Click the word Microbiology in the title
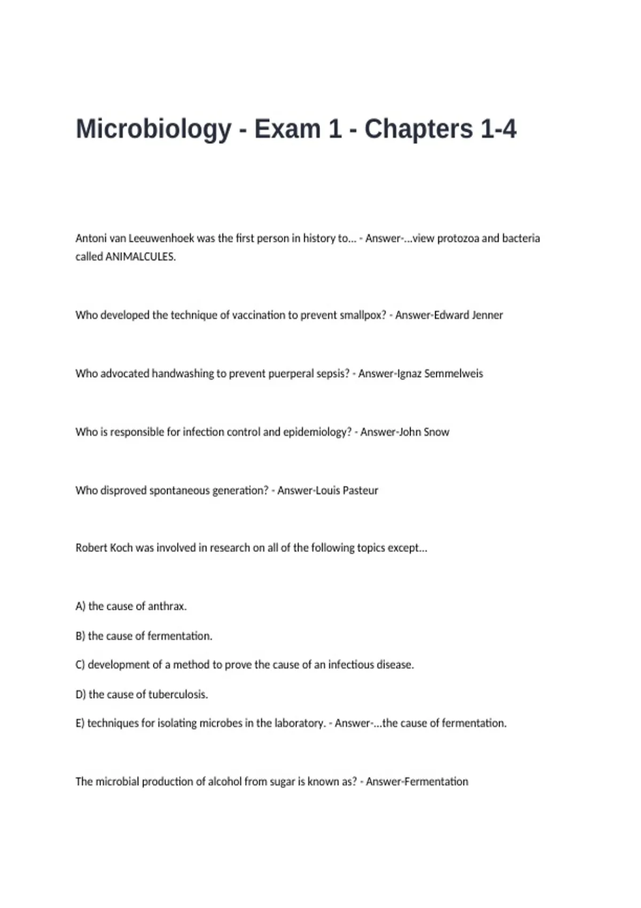[153, 130]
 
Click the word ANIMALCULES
[140, 257]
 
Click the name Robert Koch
[104, 548]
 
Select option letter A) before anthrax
[80, 607]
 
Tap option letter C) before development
[80, 665]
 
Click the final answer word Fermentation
[436, 781]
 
